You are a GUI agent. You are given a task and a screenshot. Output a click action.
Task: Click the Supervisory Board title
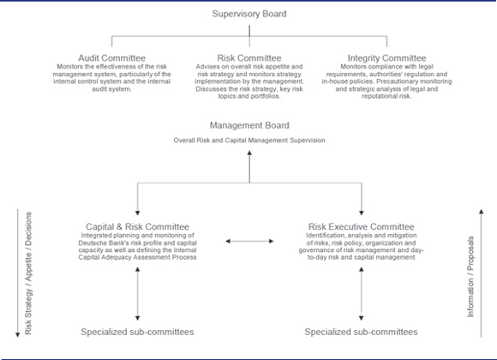(x=249, y=14)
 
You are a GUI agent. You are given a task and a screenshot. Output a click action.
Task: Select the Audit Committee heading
(x=112, y=58)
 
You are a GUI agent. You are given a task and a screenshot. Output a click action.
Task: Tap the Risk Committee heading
(x=249, y=58)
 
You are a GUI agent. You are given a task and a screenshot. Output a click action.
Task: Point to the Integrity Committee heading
(x=386, y=58)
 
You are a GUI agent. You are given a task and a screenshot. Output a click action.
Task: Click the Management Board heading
(x=249, y=125)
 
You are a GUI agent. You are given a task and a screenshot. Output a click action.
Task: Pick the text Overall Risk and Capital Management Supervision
(x=249, y=141)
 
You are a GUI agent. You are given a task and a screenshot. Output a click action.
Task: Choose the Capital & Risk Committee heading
(x=137, y=227)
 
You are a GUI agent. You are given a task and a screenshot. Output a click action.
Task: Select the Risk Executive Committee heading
(x=362, y=227)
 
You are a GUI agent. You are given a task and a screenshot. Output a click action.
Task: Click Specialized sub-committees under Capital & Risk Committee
(x=137, y=332)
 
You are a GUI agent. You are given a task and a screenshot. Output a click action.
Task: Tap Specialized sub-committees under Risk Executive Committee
(x=361, y=332)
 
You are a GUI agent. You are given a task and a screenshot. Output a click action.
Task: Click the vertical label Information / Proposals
(x=470, y=277)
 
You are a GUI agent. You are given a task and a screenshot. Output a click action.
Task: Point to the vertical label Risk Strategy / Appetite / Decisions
(x=28, y=273)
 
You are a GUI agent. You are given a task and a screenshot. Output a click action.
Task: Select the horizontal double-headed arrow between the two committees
(x=249, y=242)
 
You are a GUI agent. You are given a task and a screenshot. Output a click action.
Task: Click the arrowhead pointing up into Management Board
(x=249, y=153)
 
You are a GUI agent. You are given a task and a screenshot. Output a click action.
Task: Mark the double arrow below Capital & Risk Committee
(x=137, y=294)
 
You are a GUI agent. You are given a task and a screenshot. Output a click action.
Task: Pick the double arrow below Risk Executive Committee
(x=361, y=294)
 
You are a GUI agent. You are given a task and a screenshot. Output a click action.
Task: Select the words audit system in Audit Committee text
(x=111, y=89)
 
